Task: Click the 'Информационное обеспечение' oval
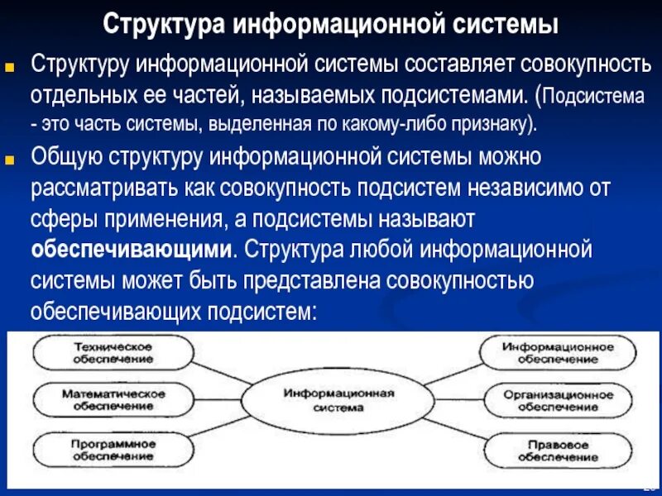(x=558, y=353)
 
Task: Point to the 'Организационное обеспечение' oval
(x=558, y=400)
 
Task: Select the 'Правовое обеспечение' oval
(x=558, y=450)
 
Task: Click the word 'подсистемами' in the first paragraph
(x=452, y=94)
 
